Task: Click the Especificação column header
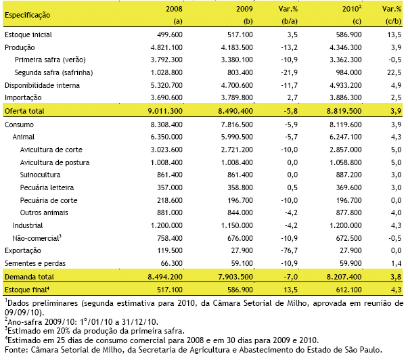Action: (x=27, y=15)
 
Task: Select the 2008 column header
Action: (x=174, y=9)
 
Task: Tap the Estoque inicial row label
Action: (x=28, y=35)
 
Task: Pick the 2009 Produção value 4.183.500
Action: (x=237, y=47)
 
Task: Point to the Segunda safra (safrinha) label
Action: (x=53, y=72)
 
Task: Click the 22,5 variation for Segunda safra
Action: (x=394, y=72)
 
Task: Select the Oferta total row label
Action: (x=24, y=111)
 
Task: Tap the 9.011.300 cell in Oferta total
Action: (x=165, y=111)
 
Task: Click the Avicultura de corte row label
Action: (x=51, y=150)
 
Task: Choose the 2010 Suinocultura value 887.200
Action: (x=348, y=175)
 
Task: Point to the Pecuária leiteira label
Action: (x=47, y=187)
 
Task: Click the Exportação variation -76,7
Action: (x=290, y=250)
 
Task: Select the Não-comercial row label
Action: (x=37, y=238)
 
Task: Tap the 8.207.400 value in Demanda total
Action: (x=344, y=277)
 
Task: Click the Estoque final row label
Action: (x=27, y=290)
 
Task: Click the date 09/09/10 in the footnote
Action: (x=23, y=312)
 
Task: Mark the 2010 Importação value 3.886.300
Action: (x=346, y=97)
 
